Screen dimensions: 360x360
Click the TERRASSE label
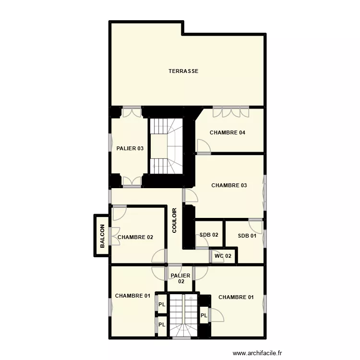click(183, 71)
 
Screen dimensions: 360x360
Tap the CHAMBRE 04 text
click(228, 133)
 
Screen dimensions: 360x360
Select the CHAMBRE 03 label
click(229, 185)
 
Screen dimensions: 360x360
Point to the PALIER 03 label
click(130, 148)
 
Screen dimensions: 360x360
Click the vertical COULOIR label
click(175, 220)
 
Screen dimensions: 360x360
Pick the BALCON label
click(102, 236)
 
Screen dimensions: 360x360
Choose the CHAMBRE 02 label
click(135, 237)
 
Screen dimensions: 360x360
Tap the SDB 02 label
click(209, 235)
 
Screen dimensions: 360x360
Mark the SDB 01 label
click(247, 235)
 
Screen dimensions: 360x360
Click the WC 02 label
click(223, 256)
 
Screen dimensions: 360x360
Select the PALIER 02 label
click(180, 279)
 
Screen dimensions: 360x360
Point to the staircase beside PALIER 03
click(167, 146)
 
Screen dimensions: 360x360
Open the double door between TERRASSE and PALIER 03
click(132, 112)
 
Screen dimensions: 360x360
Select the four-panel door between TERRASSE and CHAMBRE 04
click(231, 111)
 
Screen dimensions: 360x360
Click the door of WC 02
click(211, 256)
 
